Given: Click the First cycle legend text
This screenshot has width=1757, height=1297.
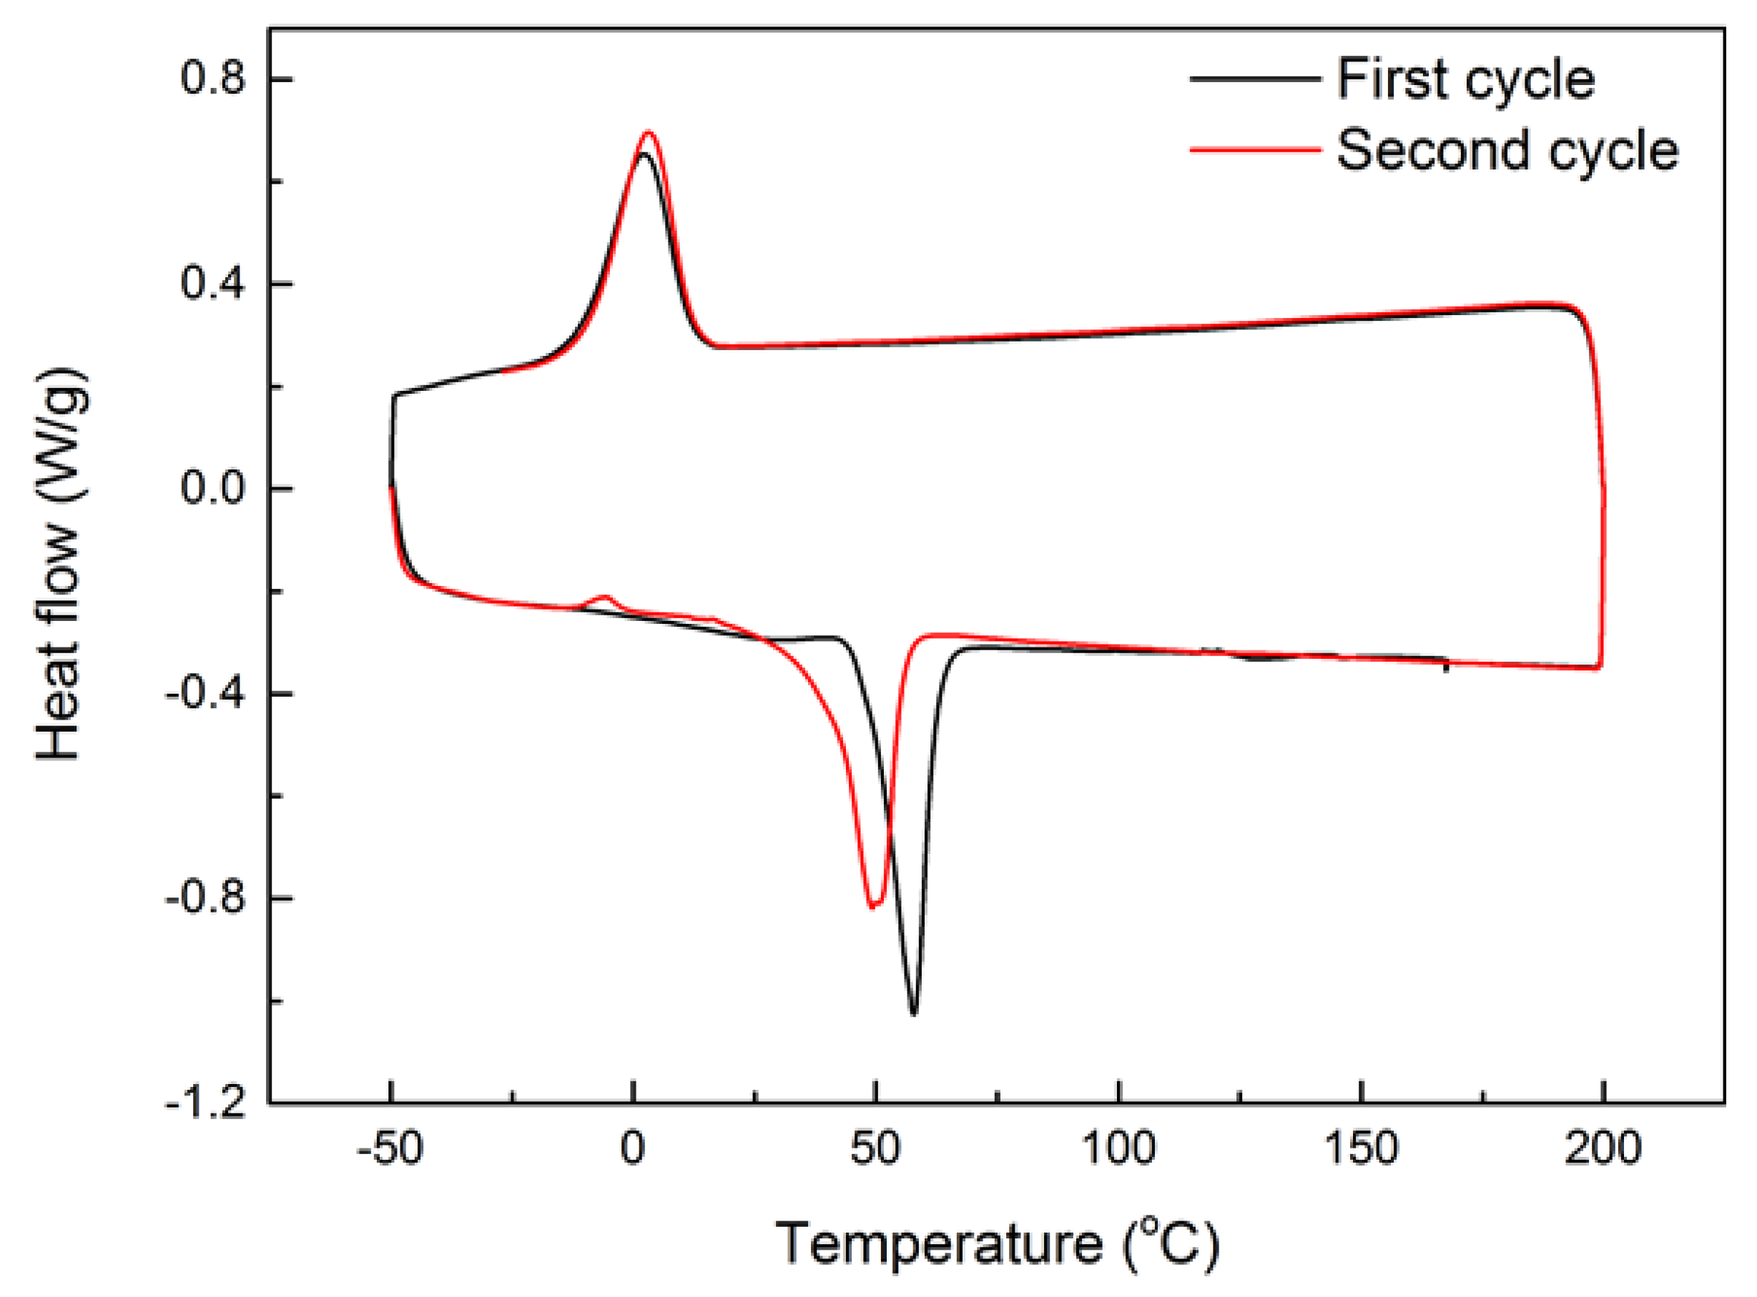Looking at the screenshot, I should [x=1466, y=79].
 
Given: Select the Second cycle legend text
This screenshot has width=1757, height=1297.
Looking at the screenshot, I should [x=1507, y=150].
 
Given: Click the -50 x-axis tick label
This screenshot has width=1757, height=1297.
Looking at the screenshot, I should [x=390, y=1148].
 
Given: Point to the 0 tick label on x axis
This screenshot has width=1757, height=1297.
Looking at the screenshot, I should [x=632, y=1148].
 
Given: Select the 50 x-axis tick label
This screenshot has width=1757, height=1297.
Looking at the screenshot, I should [x=875, y=1148].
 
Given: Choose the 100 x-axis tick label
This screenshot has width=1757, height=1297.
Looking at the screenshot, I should [x=1118, y=1148].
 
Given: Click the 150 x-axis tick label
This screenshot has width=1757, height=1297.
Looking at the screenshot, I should [x=1361, y=1148].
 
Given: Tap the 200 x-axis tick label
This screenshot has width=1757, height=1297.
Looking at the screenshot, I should [x=1603, y=1148].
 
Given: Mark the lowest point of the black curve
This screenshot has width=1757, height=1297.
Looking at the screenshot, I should [x=913, y=1013].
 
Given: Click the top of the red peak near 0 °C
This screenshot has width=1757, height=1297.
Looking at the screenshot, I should [x=649, y=132].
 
